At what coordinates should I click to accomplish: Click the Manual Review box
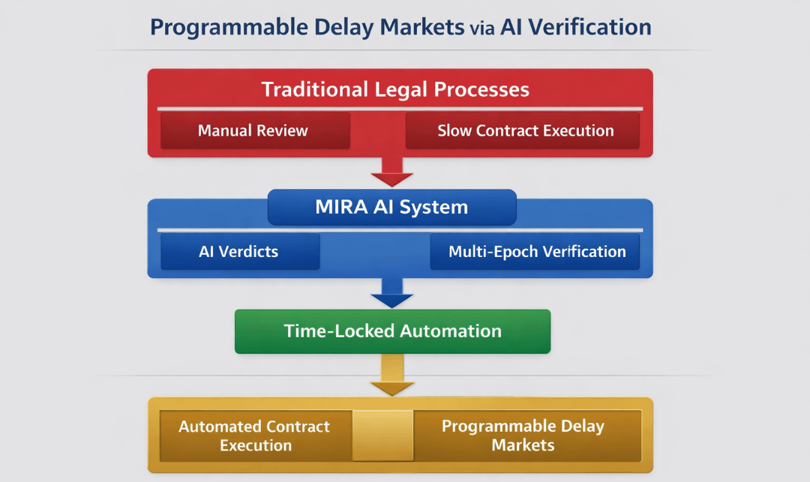pyautogui.click(x=253, y=131)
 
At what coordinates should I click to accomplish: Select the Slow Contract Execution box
pyautogui.click(x=525, y=131)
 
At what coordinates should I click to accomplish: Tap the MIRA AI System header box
pyautogui.click(x=391, y=208)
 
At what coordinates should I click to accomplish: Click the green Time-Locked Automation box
pyautogui.click(x=392, y=331)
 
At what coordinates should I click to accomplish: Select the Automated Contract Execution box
pyautogui.click(x=254, y=436)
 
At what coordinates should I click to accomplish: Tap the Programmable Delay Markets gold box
pyautogui.click(x=523, y=436)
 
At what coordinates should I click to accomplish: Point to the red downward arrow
pyautogui.click(x=392, y=173)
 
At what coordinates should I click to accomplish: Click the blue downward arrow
pyautogui.click(x=392, y=294)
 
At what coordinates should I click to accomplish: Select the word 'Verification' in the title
pyautogui.click(x=592, y=28)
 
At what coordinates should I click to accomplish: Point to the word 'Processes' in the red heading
pyautogui.click(x=479, y=90)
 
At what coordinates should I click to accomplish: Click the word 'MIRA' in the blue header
pyautogui.click(x=341, y=208)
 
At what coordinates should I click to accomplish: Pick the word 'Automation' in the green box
pyautogui.click(x=450, y=331)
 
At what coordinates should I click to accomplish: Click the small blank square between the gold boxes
pyautogui.click(x=382, y=436)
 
